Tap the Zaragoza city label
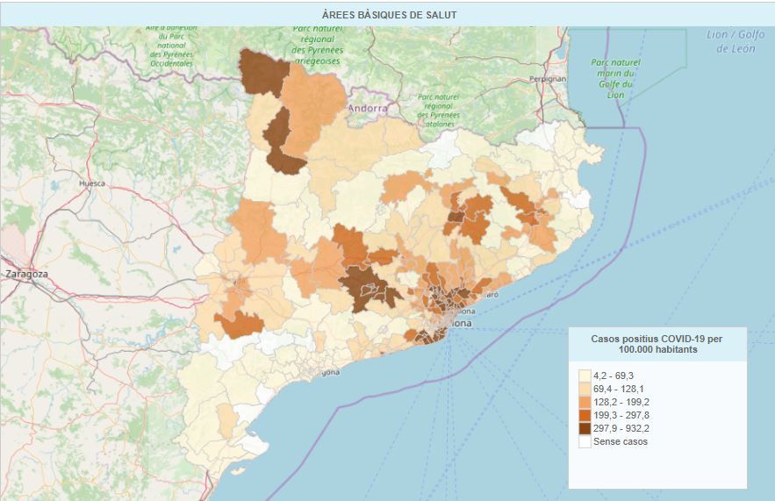click(x=25, y=274)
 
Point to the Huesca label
click(x=92, y=183)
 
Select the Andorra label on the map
click(x=368, y=109)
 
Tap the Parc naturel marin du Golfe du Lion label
click(x=615, y=78)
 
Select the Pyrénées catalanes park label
click(x=439, y=111)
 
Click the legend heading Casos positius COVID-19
click(x=657, y=338)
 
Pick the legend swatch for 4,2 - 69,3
click(x=584, y=376)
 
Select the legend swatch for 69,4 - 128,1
click(x=584, y=389)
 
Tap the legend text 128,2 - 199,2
click(x=621, y=402)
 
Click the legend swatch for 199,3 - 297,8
click(x=584, y=415)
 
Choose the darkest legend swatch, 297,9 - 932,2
click(x=584, y=428)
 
